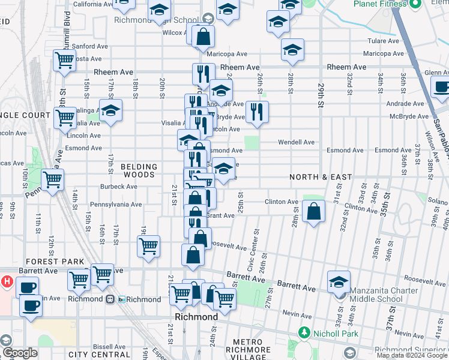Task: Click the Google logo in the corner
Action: click(x=19, y=353)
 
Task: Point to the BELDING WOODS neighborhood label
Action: click(x=139, y=170)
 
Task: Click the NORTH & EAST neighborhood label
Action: click(x=321, y=177)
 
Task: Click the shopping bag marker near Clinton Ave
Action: click(x=314, y=211)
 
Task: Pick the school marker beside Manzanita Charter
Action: click(x=339, y=281)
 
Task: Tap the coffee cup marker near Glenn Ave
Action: click(x=441, y=86)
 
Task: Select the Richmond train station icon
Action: click(x=110, y=299)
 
